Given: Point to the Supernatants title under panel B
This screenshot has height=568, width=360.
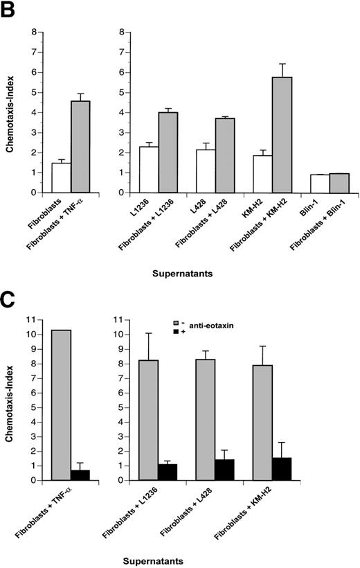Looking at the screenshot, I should pyautogui.click(x=183, y=274).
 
